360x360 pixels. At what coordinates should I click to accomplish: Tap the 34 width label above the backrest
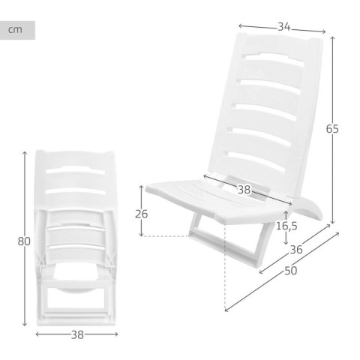[283, 27]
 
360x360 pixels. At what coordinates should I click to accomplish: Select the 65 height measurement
[332, 128]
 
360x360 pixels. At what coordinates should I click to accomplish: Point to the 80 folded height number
[24, 241]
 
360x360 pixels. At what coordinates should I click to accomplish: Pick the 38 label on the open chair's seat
[244, 190]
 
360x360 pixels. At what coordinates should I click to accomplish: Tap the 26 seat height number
[141, 214]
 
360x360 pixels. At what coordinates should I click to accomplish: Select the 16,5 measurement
[286, 224]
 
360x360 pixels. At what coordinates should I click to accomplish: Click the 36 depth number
[295, 250]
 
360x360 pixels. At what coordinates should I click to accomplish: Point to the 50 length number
[290, 271]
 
